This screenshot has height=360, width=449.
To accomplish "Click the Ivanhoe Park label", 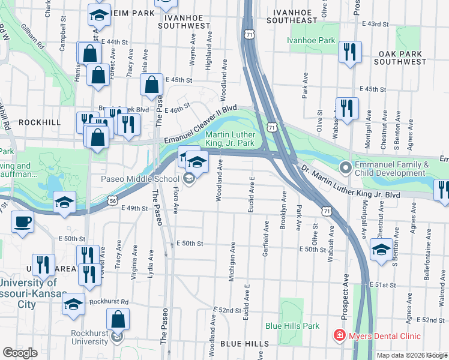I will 310,41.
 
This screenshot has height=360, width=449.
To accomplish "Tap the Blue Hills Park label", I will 292,326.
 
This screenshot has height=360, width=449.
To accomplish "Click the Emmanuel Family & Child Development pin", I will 345,167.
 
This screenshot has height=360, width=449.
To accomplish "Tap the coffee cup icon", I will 22,222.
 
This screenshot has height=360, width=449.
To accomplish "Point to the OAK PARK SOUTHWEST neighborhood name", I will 400,58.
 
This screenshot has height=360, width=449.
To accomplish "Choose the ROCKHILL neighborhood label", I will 40,122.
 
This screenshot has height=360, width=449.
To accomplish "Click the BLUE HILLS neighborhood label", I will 244,343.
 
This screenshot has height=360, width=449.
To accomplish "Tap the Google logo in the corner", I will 20,352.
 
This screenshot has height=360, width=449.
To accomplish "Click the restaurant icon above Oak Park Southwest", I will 349,52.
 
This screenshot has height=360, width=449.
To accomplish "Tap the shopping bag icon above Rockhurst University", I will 118,320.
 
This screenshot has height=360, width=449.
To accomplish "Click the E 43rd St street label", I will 376,24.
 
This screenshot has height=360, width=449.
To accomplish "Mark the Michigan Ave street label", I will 231,262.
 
